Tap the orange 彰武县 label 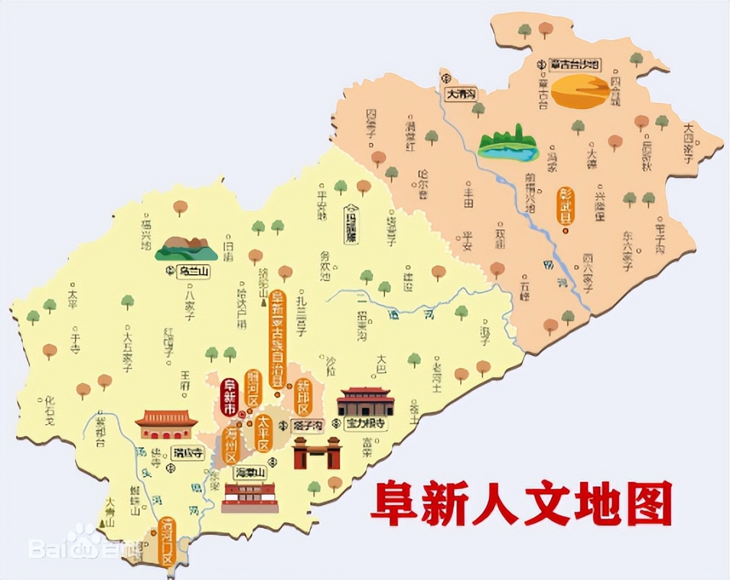click(566, 206)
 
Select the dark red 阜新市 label click(229, 397)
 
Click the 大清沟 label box click(461, 94)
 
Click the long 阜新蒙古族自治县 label click(278, 339)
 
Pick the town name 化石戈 click(49, 410)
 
